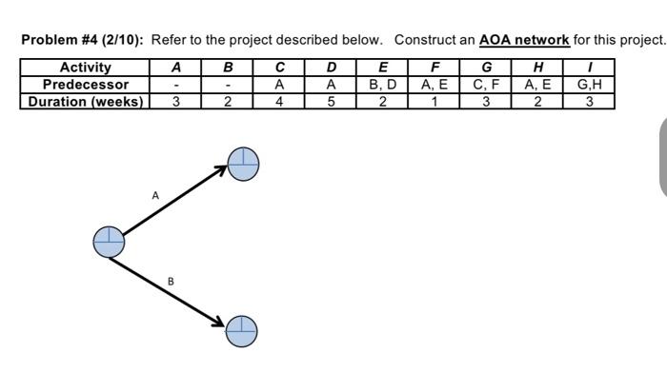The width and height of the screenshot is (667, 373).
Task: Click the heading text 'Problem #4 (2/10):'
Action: pyautogui.click(x=83, y=40)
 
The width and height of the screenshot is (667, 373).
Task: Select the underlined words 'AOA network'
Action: pyautogui.click(x=523, y=40)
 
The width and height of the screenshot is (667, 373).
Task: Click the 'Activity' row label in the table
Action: pyautogui.click(x=85, y=68)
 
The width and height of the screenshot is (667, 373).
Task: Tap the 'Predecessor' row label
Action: pyautogui.click(x=85, y=85)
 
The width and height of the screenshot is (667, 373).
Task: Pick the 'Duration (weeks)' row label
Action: pyautogui.click(x=85, y=101)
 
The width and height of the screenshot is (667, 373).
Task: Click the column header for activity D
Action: pyautogui.click(x=331, y=68)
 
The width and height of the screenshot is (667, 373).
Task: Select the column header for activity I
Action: pyautogui.click(x=589, y=68)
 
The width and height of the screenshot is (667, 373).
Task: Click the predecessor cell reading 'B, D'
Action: pyautogui.click(x=382, y=85)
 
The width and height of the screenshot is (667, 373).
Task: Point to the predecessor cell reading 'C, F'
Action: pyautogui.click(x=486, y=85)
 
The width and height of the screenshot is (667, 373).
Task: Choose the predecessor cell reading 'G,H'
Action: pyautogui.click(x=589, y=85)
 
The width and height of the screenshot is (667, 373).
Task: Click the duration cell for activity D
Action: pyautogui.click(x=331, y=101)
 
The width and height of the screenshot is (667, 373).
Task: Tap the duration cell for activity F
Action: pyautogui.click(x=435, y=101)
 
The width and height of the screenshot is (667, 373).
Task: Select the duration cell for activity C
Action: pyautogui.click(x=279, y=101)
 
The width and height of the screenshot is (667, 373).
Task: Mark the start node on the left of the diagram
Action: pyautogui.click(x=109, y=242)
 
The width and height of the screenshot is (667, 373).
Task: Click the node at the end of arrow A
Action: pyautogui.click(x=243, y=164)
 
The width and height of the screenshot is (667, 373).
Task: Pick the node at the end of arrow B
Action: pyautogui.click(x=242, y=330)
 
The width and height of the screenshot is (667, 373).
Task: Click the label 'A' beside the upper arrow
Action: pyautogui.click(x=155, y=195)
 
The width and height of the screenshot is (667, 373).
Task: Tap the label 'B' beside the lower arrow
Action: pyautogui.click(x=171, y=282)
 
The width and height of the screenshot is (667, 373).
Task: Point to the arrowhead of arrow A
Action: pyautogui.click(x=221, y=172)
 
